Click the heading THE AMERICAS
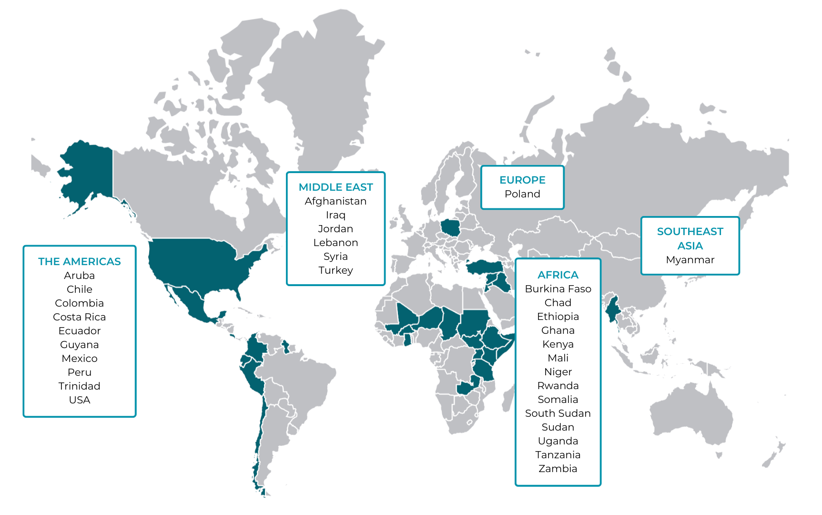click(x=80, y=261)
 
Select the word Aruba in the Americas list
click(x=80, y=276)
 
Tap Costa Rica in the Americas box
click(x=80, y=317)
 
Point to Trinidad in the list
click(x=80, y=386)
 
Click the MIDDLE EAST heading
click(x=335, y=187)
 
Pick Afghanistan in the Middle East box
click(x=335, y=201)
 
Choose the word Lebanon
click(x=335, y=243)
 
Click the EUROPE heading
click(x=522, y=180)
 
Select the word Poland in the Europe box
click(x=522, y=194)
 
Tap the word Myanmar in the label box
click(x=690, y=260)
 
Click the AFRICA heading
click(x=558, y=275)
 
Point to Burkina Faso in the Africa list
click(x=558, y=289)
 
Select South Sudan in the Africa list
click(x=558, y=413)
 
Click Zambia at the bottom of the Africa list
click(x=558, y=469)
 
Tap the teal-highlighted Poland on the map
click(x=450, y=228)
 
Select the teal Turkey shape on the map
click(x=484, y=267)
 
